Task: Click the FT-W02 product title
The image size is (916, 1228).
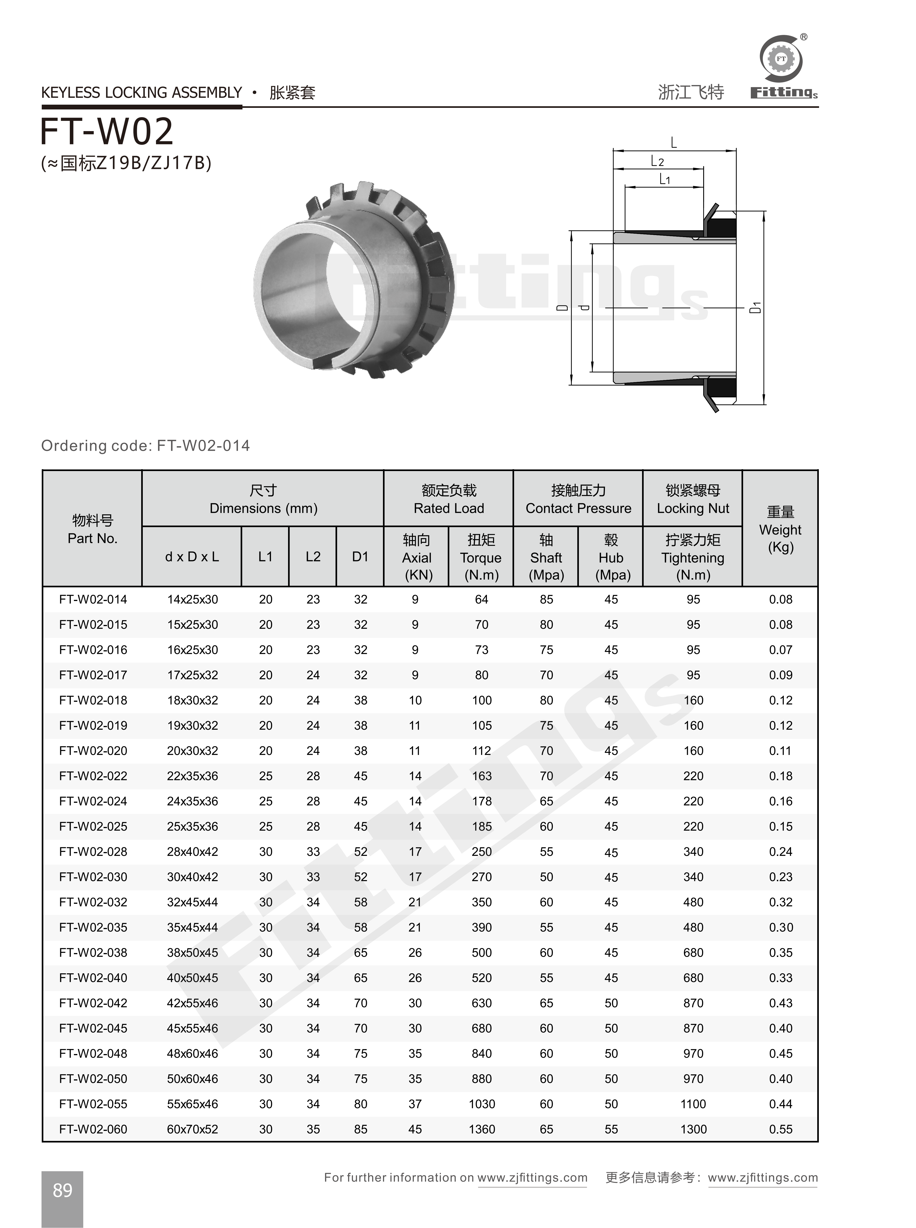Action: click(107, 132)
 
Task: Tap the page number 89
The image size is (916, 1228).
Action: click(62, 1190)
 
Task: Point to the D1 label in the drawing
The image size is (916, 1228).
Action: click(755, 308)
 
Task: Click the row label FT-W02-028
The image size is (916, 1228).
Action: click(93, 852)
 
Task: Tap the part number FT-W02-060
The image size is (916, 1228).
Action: click(93, 1129)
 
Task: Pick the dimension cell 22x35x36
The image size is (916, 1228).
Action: click(193, 776)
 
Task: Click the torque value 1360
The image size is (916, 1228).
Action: click(481, 1129)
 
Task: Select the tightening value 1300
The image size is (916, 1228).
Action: click(693, 1129)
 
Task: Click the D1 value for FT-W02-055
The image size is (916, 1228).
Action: click(360, 1104)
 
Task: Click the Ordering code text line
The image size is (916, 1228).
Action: click(145, 446)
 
